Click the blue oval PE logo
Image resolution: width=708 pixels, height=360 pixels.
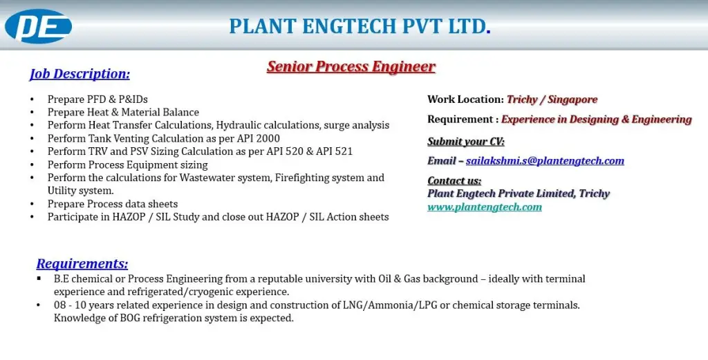[x=39, y=26]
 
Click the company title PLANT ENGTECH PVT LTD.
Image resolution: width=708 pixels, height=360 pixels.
[x=360, y=26]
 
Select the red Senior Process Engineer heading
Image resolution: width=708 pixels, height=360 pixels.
[x=351, y=67]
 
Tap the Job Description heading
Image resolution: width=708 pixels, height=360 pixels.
[x=80, y=73]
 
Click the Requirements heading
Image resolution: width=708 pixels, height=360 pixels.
[x=82, y=263]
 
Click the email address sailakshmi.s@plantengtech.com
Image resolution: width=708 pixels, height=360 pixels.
[x=545, y=161]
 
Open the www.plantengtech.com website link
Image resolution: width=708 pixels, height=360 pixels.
[x=485, y=207]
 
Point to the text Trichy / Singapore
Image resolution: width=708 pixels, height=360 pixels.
[x=552, y=100]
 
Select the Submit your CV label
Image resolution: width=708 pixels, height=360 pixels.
[x=466, y=142]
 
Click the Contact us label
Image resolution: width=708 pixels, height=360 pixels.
[x=454, y=181]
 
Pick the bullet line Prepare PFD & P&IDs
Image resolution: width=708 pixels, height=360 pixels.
[x=97, y=100]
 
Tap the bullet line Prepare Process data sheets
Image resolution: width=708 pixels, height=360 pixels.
[x=113, y=204]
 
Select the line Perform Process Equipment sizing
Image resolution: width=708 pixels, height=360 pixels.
[x=127, y=164]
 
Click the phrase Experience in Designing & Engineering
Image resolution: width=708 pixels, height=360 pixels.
[x=596, y=120]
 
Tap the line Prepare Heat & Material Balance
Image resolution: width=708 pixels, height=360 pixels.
[x=123, y=112]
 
